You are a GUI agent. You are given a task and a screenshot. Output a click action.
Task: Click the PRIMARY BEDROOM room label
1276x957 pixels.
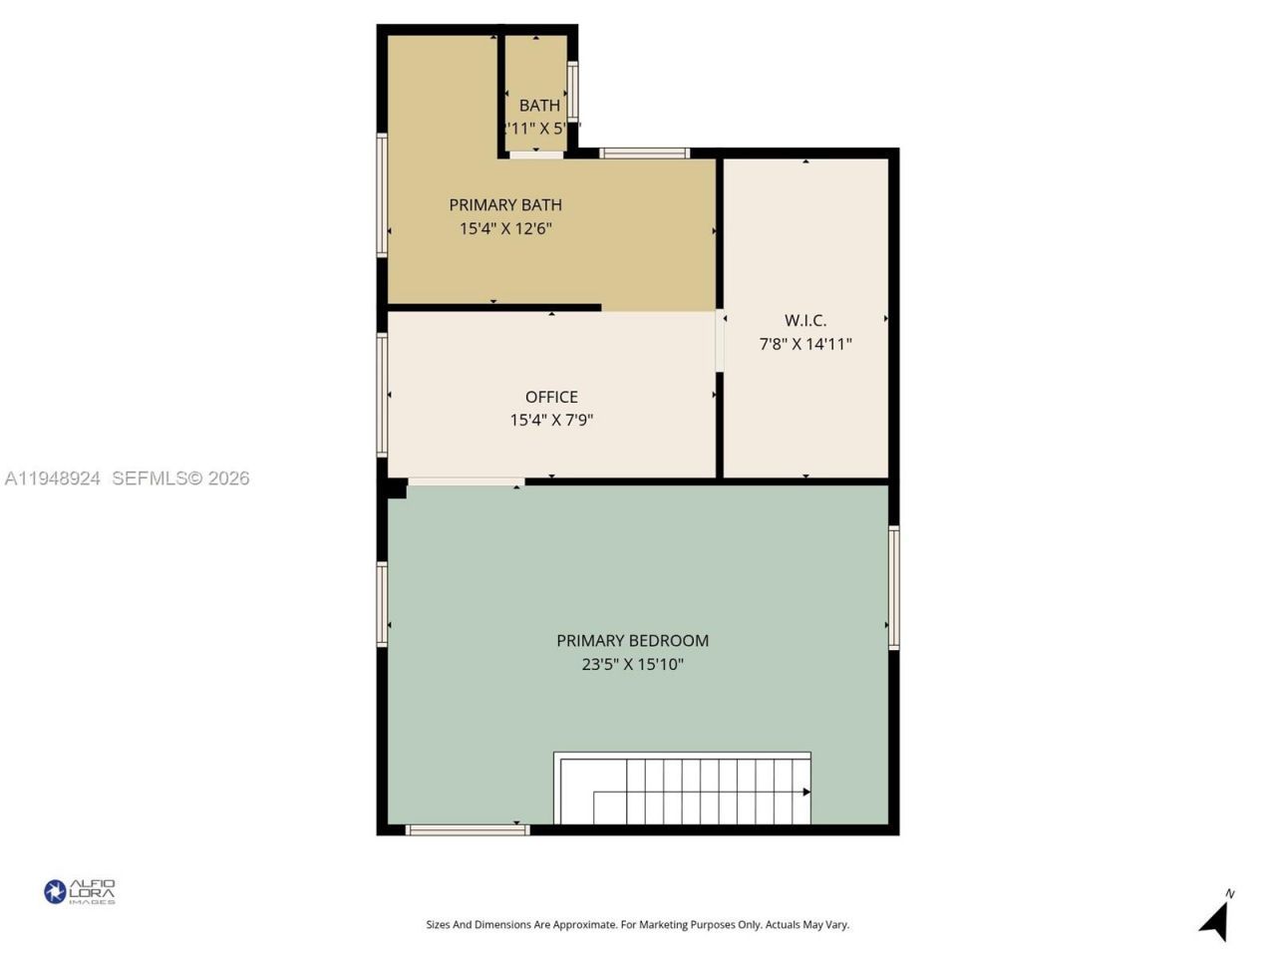pos(632,641)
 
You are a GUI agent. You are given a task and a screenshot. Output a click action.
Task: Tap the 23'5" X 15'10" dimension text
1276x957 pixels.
pos(632,665)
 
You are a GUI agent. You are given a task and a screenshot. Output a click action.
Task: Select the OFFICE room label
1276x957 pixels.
pos(551,397)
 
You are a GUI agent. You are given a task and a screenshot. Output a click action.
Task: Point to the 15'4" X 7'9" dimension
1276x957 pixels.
pos(551,421)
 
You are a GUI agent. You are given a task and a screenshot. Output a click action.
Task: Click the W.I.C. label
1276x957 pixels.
pos(804,321)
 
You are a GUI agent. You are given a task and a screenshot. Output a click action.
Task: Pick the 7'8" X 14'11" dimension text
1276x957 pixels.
pos(804,345)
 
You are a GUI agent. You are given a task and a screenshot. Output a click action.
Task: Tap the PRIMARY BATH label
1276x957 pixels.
pos(505,205)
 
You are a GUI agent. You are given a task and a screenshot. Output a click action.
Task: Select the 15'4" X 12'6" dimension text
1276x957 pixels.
pos(505,229)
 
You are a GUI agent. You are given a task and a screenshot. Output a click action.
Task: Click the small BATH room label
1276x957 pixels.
pos(539,106)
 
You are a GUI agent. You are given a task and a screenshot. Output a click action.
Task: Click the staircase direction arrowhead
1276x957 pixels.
pos(805,793)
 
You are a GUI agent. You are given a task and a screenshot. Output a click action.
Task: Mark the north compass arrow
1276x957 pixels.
pos(1215,919)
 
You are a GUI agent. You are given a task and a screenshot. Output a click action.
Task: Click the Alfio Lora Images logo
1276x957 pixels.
pos(80,891)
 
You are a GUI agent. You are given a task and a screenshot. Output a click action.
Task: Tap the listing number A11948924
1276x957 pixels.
pos(53,478)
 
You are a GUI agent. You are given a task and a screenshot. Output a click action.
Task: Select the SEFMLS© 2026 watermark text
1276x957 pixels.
pos(180,478)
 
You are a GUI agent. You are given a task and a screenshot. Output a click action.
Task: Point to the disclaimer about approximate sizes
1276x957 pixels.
pos(637,925)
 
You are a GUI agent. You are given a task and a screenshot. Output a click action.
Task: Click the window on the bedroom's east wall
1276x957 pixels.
pos(894,588)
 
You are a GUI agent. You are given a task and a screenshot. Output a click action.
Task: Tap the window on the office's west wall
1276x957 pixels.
pos(382,395)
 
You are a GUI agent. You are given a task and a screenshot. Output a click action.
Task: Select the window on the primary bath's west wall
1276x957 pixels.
pos(382,195)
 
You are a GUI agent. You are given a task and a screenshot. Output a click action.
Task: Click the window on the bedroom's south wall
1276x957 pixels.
pos(467,829)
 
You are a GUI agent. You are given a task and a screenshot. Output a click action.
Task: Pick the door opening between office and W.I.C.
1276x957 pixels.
pos(719,342)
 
